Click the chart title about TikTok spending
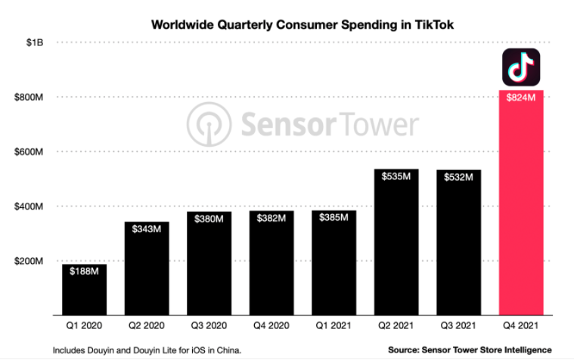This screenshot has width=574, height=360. (x=303, y=24)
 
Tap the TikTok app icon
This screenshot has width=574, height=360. (x=521, y=67)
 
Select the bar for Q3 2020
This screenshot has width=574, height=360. (x=209, y=265)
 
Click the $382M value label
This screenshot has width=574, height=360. (x=271, y=219)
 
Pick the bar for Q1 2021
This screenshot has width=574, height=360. (x=334, y=265)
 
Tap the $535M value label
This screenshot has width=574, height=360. (x=396, y=177)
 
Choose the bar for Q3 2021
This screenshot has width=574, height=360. (x=459, y=242)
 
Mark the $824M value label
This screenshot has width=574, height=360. (x=521, y=98)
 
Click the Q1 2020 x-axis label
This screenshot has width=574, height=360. (x=84, y=326)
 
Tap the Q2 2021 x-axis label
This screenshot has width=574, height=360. (x=396, y=326)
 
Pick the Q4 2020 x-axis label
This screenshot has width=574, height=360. (x=271, y=326)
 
